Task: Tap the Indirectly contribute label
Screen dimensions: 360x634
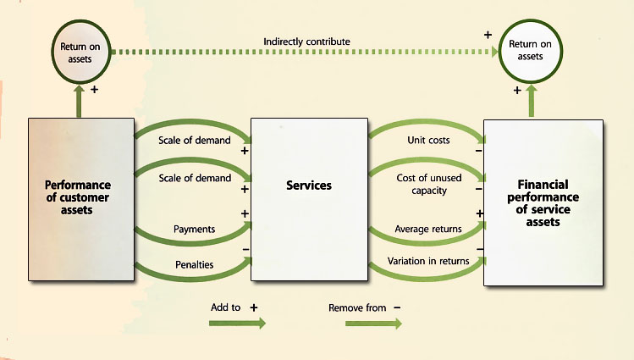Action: tap(306, 41)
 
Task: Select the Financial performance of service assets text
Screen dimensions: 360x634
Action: tap(543, 202)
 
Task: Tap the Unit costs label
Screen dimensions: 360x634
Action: tap(428, 140)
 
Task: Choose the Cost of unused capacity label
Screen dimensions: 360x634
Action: tap(428, 184)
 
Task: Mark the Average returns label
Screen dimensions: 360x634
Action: tap(428, 229)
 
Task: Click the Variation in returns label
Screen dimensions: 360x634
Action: tap(428, 261)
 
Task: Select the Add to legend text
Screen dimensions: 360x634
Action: tap(227, 307)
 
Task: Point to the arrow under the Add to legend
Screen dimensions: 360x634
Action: tap(237, 323)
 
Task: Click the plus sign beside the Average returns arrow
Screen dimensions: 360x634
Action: tap(479, 213)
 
